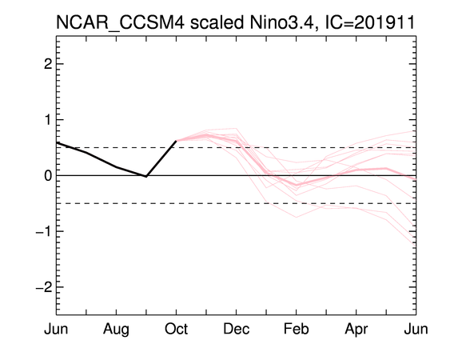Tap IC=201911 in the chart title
coord(369,22)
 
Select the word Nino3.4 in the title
coord(284,22)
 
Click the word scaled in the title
coord(217,22)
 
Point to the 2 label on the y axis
coord(48,64)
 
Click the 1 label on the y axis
coord(48,120)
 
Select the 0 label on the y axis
coord(48,175)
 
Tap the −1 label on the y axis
coord(44,231)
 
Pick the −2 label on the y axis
coord(44,287)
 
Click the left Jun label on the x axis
coord(56,329)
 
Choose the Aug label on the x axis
coord(116,330)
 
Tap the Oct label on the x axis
coord(176,329)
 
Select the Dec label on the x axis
coord(237,329)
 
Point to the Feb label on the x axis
coord(297,329)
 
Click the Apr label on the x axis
coord(356,330)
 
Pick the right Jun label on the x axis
coord(416,329)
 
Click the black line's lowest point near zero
coord(146,177)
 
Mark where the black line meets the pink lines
coord(176,141)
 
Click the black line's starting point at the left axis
coord(57,142)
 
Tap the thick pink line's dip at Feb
coord(297,185)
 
